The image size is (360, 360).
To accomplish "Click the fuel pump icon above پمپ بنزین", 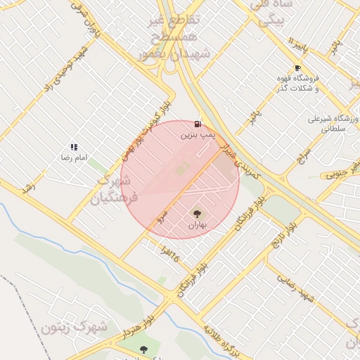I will coord(198,124).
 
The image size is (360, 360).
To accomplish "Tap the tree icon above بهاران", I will coord(196,213).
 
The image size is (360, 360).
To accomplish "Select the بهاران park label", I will coord(196,225).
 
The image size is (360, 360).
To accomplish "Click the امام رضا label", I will coord(74,157).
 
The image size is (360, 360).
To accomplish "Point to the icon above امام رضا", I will coord(74,147).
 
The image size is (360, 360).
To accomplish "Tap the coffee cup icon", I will coord(297,68).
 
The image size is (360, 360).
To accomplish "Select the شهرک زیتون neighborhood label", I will coord(73,326).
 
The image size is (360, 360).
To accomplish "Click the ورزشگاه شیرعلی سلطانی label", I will coord(333,124).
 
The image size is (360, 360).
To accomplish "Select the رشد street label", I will coord(28,188).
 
